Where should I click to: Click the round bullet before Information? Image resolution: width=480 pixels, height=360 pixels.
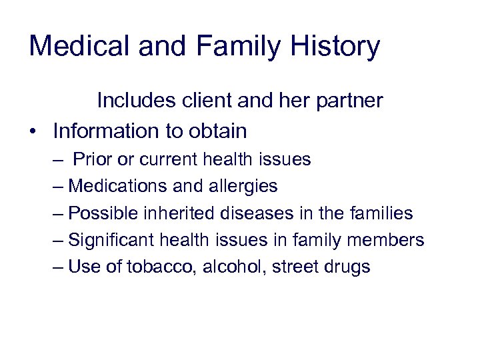point(33,131)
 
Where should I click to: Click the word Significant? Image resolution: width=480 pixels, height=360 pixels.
point(111,241)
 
